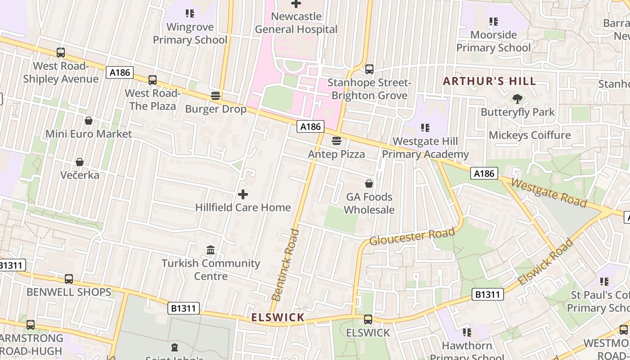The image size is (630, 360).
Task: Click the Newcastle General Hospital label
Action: tap(296, 23)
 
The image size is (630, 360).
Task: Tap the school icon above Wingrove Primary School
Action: tap(189, 13)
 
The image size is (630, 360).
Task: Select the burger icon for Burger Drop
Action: tap(216, 96)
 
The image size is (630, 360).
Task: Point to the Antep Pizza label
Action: tap(336, 154)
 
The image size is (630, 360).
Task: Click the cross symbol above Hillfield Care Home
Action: tap(243, 194)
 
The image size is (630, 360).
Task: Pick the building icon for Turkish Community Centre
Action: tap(211, 250)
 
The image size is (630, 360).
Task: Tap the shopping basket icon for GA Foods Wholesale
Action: tap(369, 184)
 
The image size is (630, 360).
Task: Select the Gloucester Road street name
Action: tap(412, 237)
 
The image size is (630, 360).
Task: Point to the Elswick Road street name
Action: tap(545, 261)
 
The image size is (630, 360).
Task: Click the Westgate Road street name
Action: tap(549, 193)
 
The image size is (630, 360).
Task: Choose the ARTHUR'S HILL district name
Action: tap(490, 81)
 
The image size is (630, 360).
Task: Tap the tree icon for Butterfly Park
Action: tap(517, 99)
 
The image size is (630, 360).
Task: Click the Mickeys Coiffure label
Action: tap(529, 135)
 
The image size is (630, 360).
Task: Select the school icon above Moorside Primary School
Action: tap(494, 21)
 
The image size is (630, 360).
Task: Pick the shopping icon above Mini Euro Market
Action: tap(89, 121)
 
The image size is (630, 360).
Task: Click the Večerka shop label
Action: tap(80, 175)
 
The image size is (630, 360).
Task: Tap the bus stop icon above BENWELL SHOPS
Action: tap(69, 279)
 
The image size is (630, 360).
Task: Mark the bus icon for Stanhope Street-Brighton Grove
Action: tap(369, 69)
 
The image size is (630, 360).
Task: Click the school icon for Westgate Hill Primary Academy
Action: tap(425, 128)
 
